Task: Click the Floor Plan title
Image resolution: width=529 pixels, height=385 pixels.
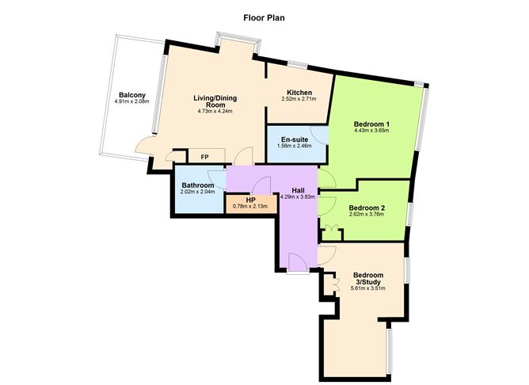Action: (264, 15)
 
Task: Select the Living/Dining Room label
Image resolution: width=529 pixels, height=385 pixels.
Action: (216, 101)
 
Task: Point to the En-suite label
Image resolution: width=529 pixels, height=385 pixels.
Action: (294, 139)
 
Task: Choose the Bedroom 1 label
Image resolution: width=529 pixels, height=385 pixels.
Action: (371, 124)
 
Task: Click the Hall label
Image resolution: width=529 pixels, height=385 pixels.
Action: (298, 189)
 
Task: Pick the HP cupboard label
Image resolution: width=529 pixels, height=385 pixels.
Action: (250, 200)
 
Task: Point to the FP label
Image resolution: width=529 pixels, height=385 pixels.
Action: (204, 157)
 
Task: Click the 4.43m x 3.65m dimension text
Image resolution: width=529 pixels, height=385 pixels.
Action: (371, 132)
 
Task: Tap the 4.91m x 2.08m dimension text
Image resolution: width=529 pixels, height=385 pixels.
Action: (130, 101)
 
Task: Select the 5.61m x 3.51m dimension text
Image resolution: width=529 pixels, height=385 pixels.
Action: (367, 288)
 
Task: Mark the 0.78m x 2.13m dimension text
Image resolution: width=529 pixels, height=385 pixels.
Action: (250, 207)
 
